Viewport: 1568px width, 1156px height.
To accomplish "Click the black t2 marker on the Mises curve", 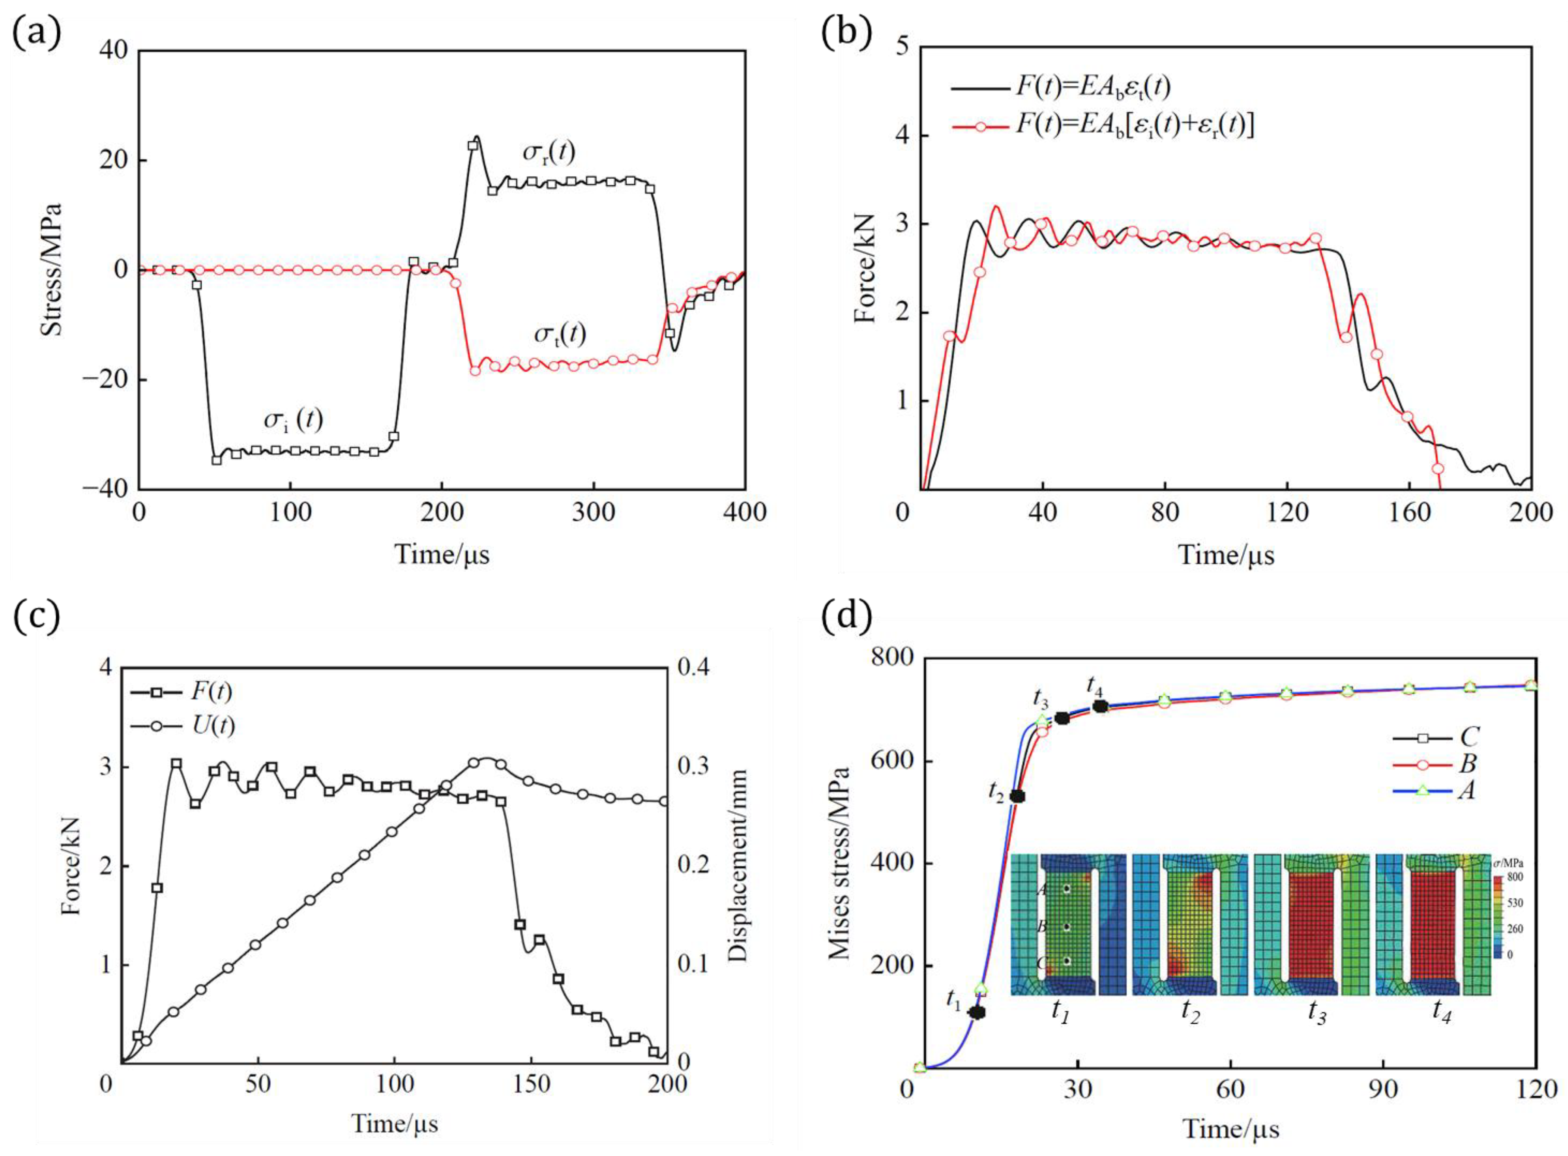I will click(x=1018, y=796).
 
